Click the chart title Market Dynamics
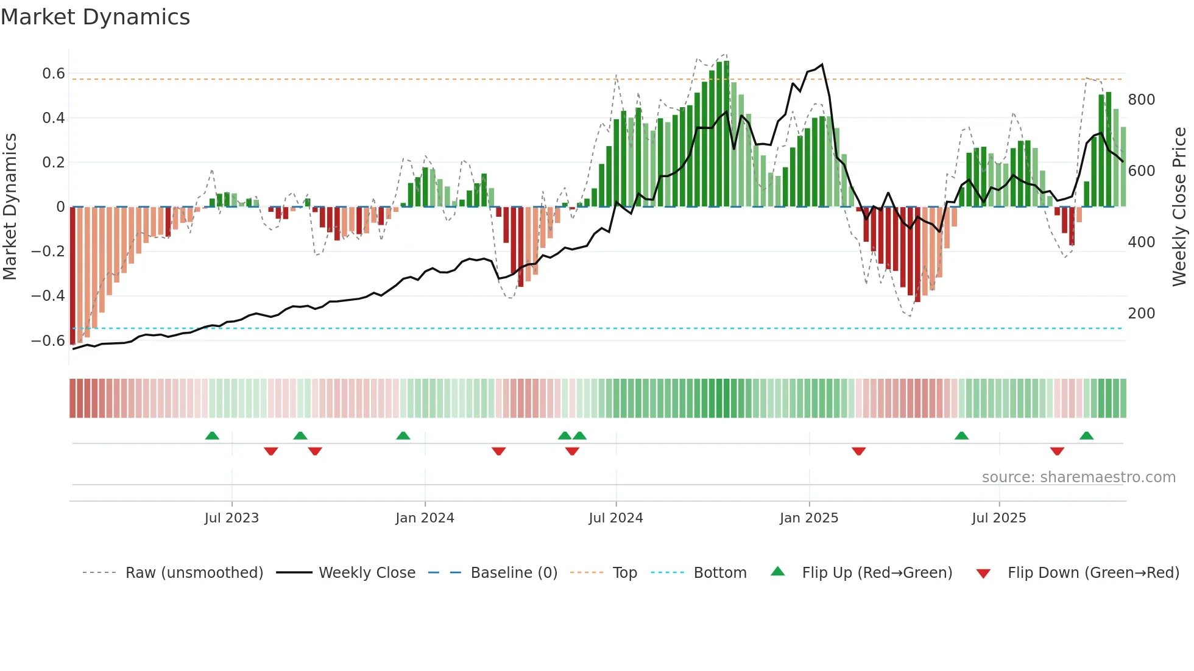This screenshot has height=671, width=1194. (x=95, y=17)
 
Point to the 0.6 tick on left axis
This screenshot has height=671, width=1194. (x=53, y=74)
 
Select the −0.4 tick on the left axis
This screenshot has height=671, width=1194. (x=48, y=296)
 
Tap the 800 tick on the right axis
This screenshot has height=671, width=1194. (x=1141, y=100)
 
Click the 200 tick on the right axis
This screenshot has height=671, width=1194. (x=1141, y=314)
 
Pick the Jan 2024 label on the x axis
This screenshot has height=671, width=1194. (x=425, y=518)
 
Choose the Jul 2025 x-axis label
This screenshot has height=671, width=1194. (x=998, y=518)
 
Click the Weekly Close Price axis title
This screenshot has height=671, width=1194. (x=1179, y=207)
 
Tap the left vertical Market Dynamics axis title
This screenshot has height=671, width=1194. (x=10, y=207)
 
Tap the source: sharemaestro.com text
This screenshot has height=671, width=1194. (x=1078, y=477)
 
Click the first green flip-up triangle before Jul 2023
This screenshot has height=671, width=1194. (x=212, y=436)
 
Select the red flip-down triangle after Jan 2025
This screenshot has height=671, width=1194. (x=858, y=451)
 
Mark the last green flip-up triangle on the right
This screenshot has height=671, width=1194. (x=1086, y=436)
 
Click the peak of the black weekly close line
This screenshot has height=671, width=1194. (x=822, y=65)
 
